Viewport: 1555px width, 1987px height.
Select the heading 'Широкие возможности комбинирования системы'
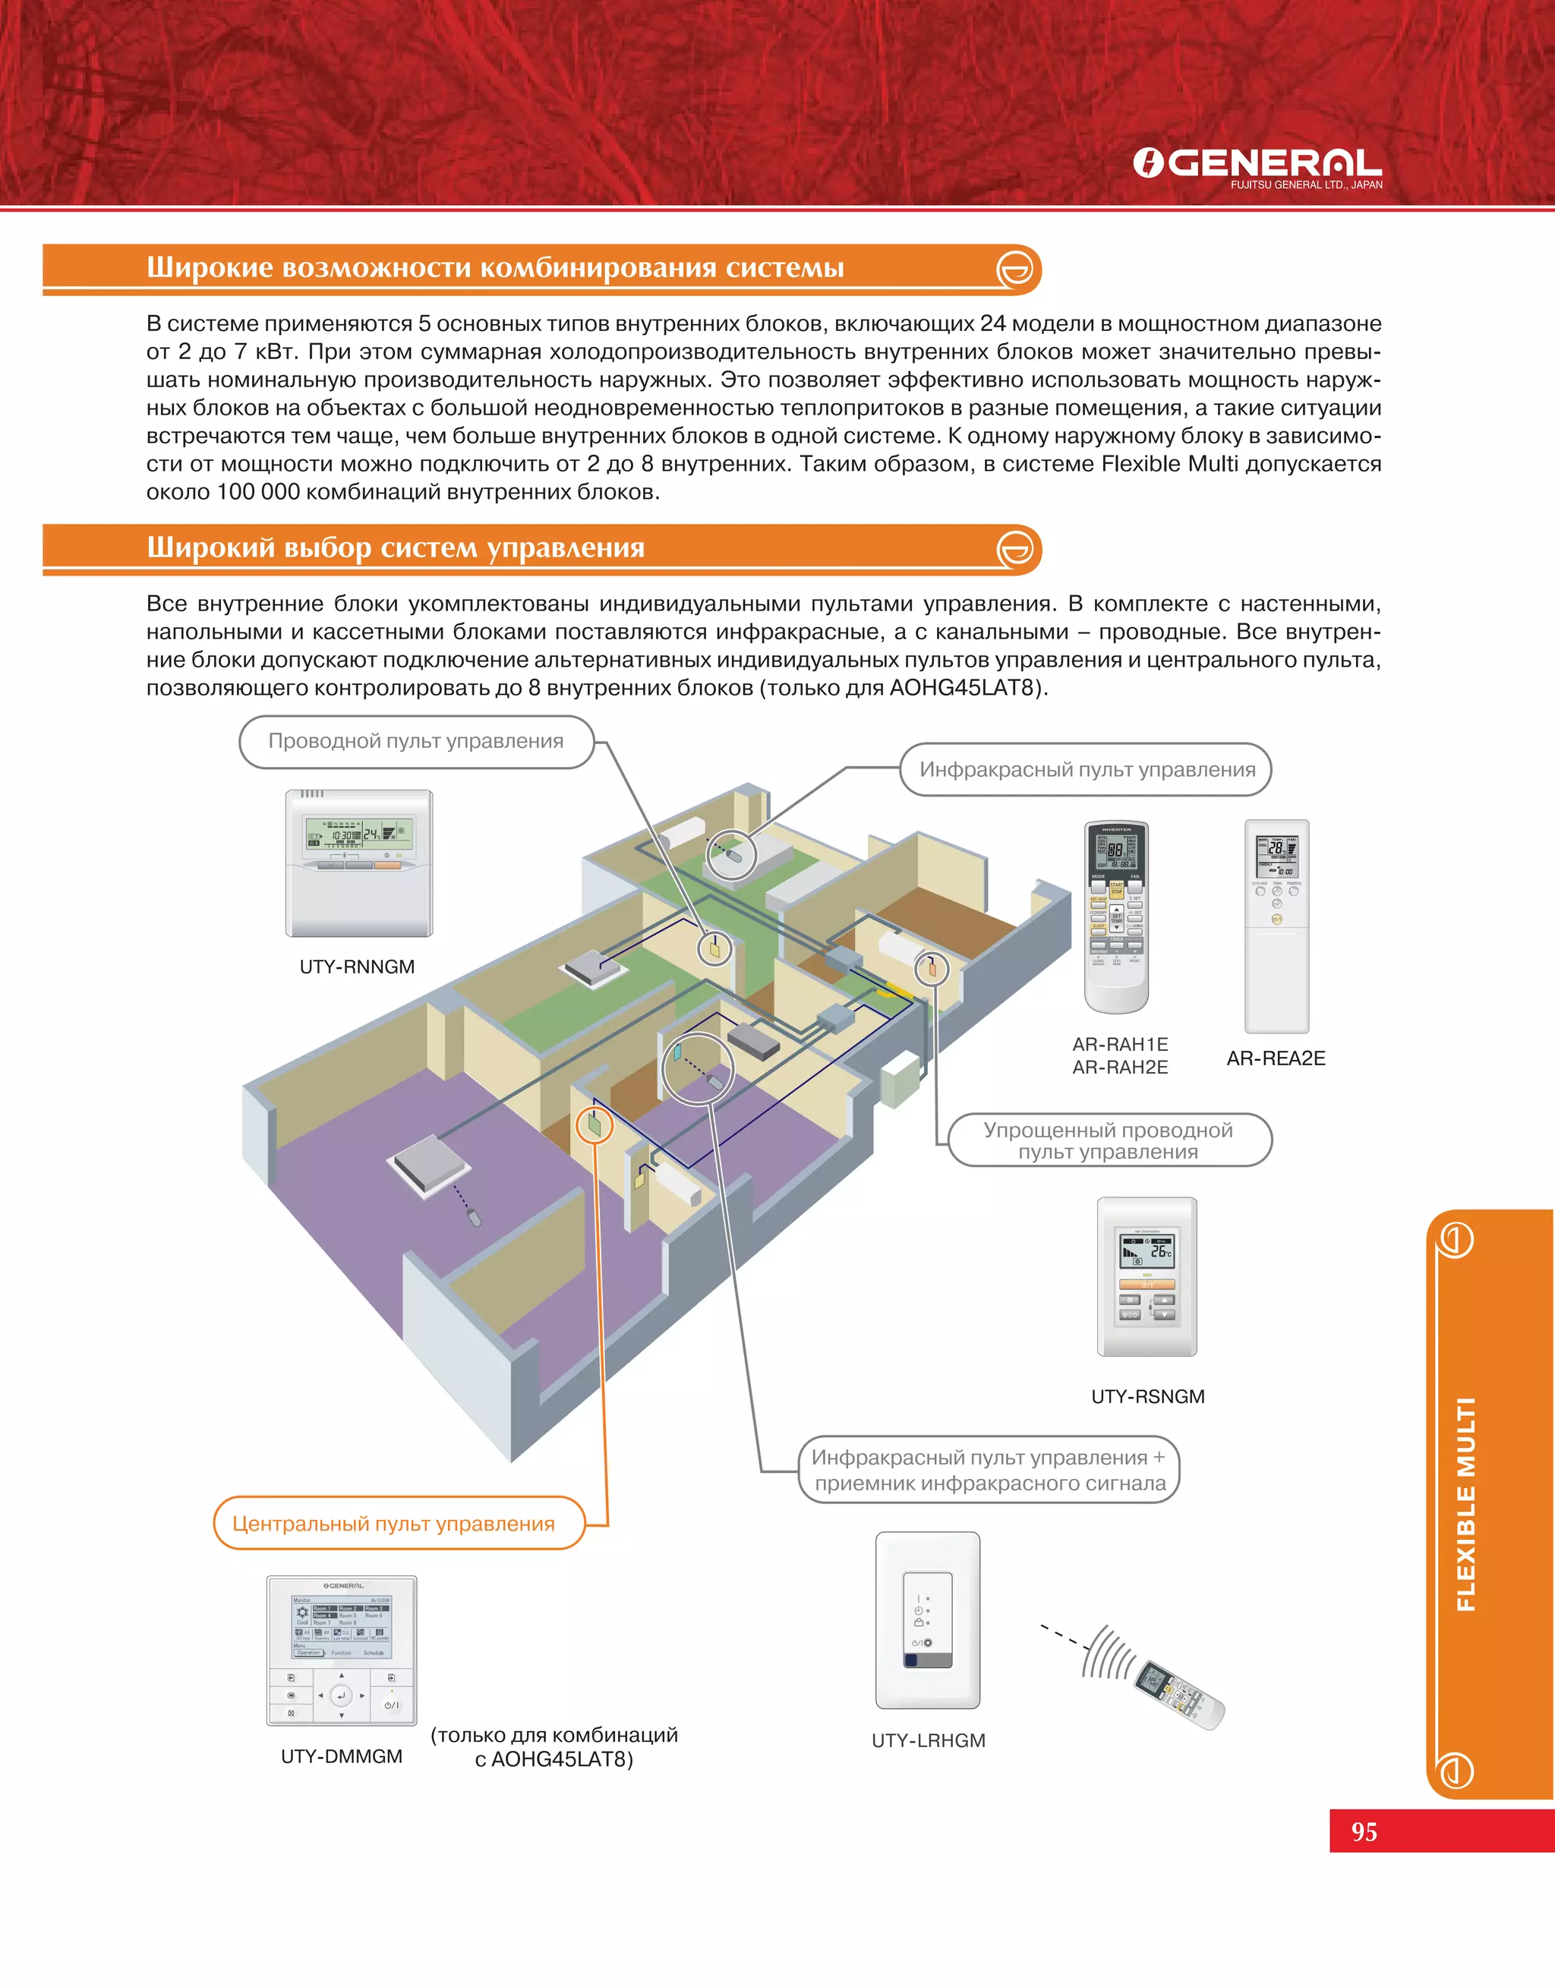pos(495,267)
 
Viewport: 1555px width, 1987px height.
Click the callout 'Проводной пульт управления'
pos(416,742)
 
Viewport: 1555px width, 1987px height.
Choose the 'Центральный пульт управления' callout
pos(393,1524)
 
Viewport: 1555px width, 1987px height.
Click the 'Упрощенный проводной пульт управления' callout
pos(1108,1140)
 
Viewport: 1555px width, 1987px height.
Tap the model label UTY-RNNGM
pos(357,967)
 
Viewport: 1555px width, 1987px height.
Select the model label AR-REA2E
pos(1276,1058)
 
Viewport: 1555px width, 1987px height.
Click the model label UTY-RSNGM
pos(1147,1396)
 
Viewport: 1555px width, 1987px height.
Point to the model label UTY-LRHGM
pos(928,1740)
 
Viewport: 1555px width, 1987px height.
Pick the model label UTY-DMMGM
pos(342,1756)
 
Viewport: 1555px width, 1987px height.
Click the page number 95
pos(1364,1831)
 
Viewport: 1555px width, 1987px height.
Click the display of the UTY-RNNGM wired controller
pos(358,833)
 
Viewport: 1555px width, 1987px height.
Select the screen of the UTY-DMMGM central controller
pos(342,1626)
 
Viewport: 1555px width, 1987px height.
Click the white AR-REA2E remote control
pos(1276,926)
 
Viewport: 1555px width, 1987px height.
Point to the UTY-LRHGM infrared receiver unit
pos(928,1620)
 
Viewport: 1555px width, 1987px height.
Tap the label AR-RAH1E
pos(1120,1044)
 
